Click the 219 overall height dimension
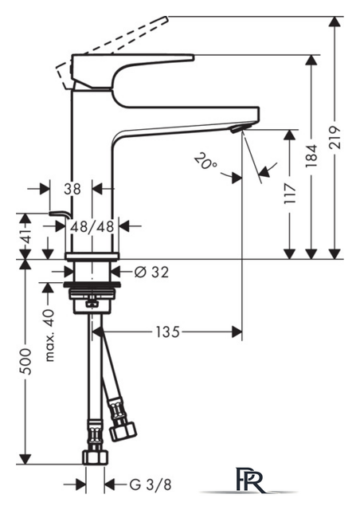335,137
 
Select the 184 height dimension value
311,156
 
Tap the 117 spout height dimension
290,193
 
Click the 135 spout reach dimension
168,332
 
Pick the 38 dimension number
72,189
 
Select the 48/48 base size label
92,226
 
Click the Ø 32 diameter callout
152,273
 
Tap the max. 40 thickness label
49,335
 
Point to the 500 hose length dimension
25,362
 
